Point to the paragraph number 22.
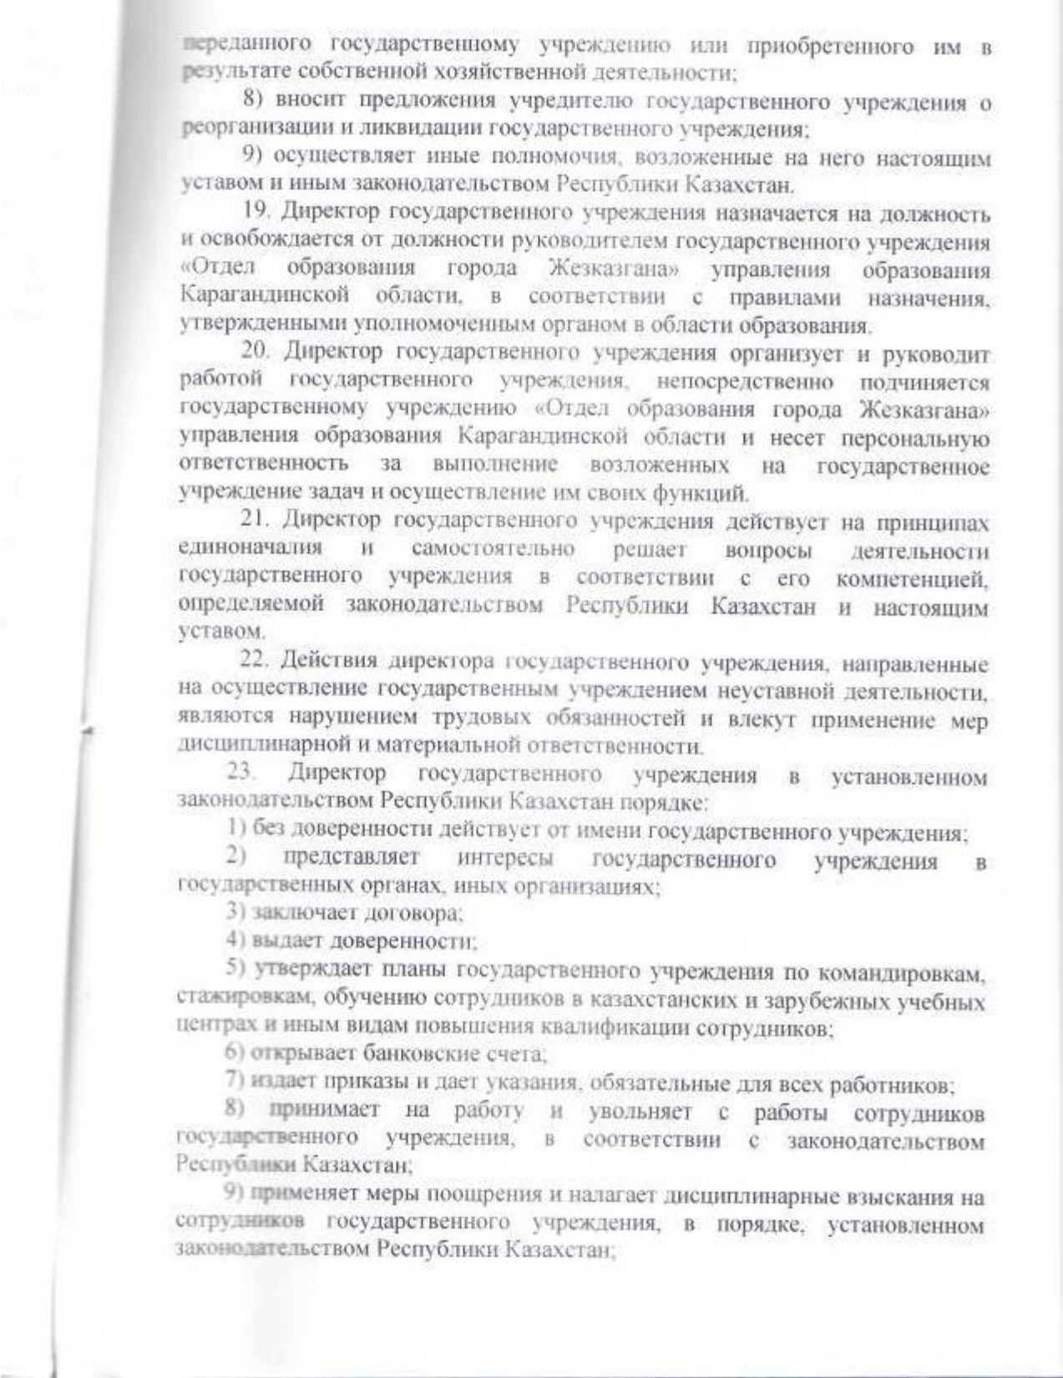pos(256,661)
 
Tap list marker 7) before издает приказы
pos(235,1083)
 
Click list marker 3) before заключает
pos(232,914)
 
